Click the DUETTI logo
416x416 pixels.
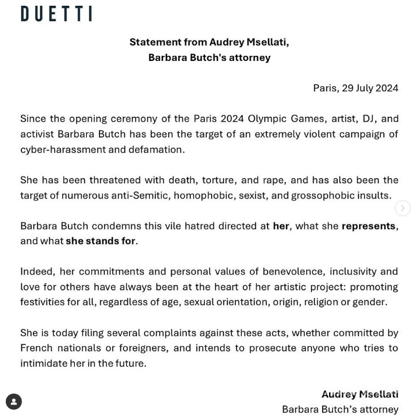[x=56, y=14]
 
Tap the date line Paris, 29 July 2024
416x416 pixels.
[x=355, y=88]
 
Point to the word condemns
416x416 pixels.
[x=121, y=226]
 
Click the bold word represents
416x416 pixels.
[x=368, y=226]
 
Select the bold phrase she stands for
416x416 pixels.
[x=101, y=241]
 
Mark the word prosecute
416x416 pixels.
[x=303, y=348]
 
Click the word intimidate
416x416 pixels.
[x=44, y=363]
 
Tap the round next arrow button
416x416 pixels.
[x=403, y=208]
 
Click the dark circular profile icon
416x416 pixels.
[x=14, y=402]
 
